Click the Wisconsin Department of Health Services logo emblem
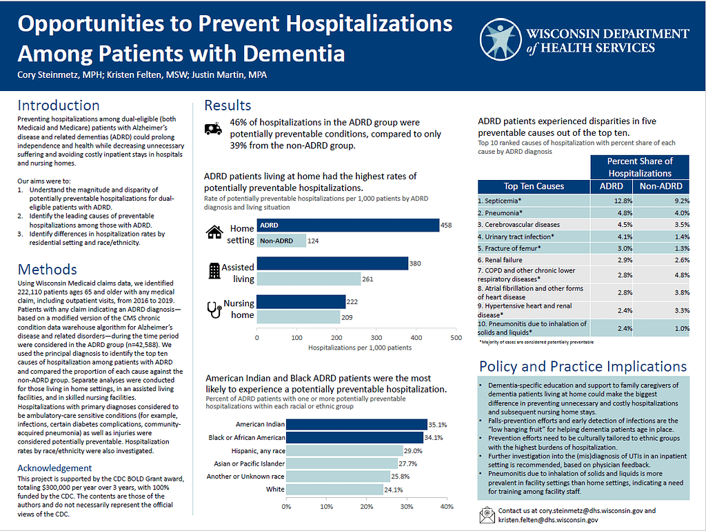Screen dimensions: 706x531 pos(501,39)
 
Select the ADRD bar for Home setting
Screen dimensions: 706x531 pos(348,226)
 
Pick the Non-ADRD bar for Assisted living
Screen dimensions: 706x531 pos(309,279)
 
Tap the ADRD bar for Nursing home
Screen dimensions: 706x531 pos(301,302)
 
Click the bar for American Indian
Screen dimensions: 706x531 pos(356,424)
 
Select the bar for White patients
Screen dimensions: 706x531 pos(334,490)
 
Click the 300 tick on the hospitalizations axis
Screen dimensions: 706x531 pos(376,338)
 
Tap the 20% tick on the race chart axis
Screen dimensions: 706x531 pos(367,507)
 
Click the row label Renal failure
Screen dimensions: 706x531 pos(500,260)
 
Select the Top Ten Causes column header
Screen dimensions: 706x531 pos(534,186)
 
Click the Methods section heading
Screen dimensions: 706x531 pos(48,270)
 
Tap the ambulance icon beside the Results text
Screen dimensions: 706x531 pos(213,128)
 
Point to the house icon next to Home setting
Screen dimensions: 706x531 pos(214,232)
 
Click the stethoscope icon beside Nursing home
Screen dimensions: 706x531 pos(214,310)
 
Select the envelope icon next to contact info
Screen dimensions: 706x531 pos(487,515)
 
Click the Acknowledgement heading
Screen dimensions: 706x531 pos(54,468)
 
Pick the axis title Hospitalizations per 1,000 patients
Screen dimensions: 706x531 pos(360,348)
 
